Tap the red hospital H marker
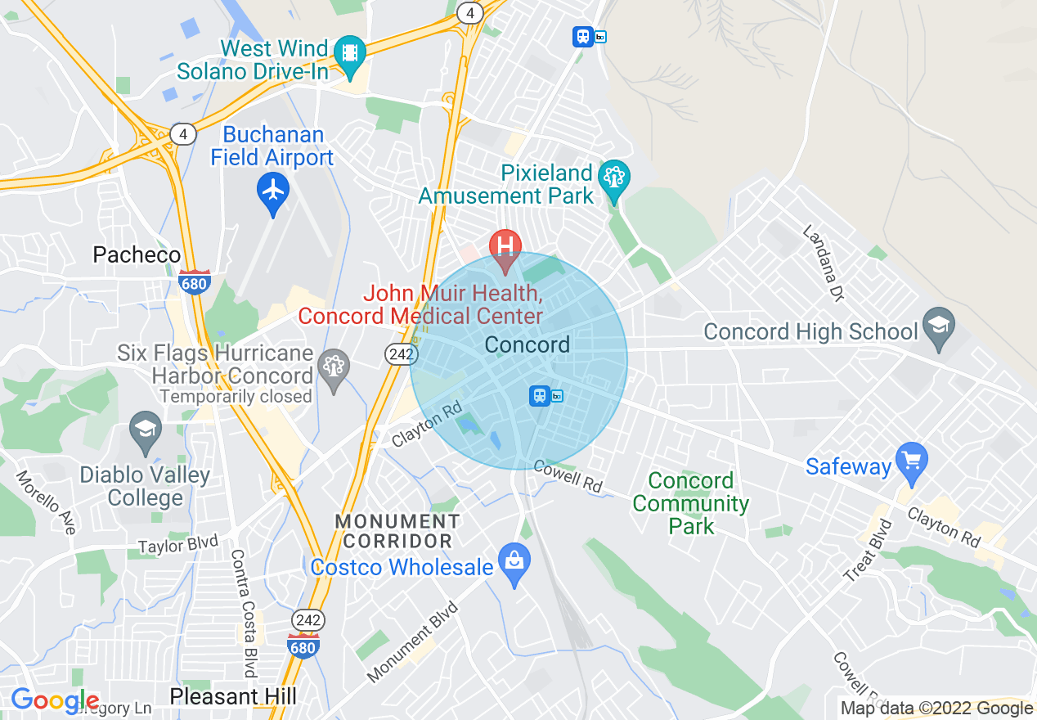pos(505,245)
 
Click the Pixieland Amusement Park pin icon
pos(613,176)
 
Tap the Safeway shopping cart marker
pos(911,460)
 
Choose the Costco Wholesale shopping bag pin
pos(514,561)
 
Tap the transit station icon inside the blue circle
pos(540,396)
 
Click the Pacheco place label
pos(137,254)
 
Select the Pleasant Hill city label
pos(233,696)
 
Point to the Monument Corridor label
pos(397,531)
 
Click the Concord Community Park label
pos(691,503)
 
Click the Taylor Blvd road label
pos(177,544)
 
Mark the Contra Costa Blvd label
pos(244,612)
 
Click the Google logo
pos(55,701)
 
